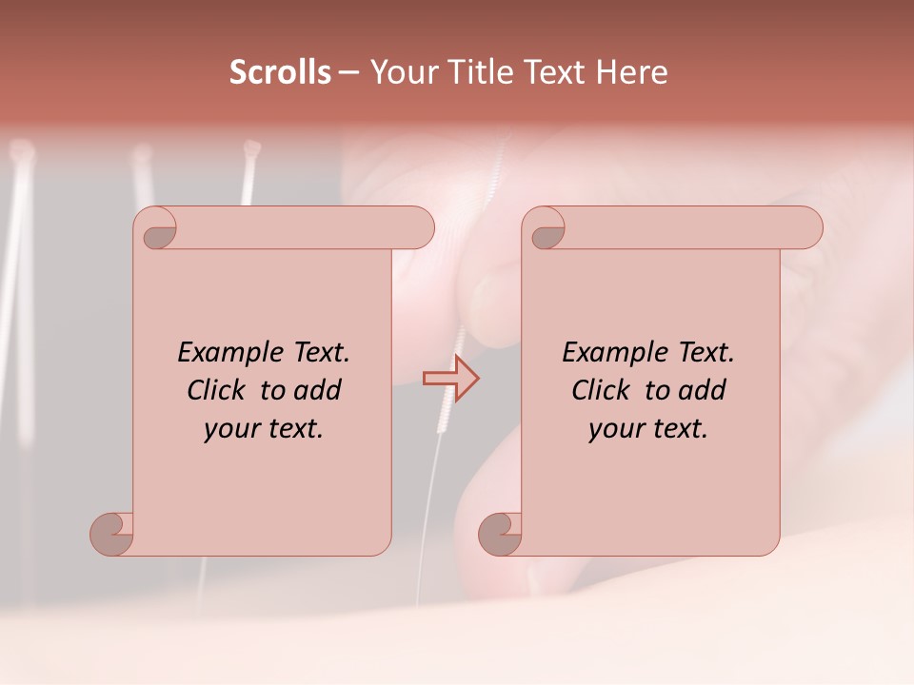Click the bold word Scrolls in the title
[x=280, y=72]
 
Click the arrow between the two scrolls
[x=451, y=379]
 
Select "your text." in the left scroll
[x=263, y=429]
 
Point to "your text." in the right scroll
[x=647, y=429]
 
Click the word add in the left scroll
[x=318, y=391]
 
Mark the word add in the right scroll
[x=703, y=391]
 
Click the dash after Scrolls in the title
[x=349, y=73]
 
